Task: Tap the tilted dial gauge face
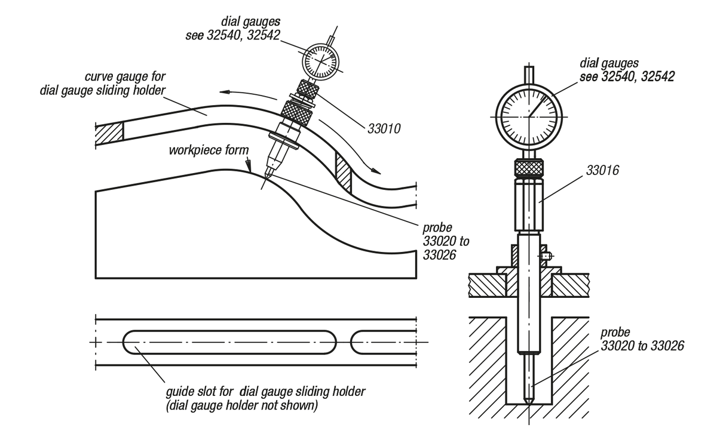(321, 60)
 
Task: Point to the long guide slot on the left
(229, 342)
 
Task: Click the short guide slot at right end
(382, 342)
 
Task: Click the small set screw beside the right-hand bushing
(546, 256)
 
